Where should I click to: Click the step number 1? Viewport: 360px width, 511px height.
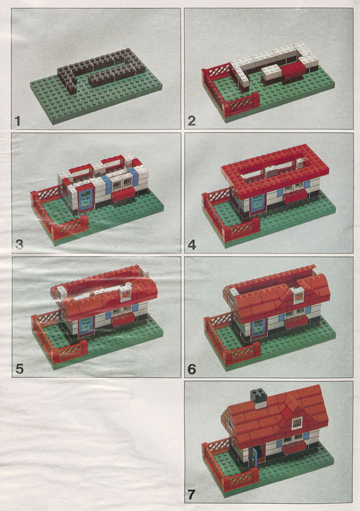18,121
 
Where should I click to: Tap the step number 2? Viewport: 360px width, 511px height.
192,121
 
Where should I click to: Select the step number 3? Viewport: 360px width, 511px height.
19,244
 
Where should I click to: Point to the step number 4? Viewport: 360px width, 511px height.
192,245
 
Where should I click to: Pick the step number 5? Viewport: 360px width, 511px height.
20,369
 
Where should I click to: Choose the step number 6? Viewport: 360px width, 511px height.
192,369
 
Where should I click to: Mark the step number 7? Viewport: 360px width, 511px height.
192,495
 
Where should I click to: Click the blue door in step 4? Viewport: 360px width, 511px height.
258,204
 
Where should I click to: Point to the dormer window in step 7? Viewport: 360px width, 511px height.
297,423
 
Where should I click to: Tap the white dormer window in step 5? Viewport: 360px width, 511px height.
126,293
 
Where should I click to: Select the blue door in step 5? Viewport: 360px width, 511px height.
86,326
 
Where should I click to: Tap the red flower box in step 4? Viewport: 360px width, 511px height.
295,197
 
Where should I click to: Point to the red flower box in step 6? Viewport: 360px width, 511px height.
297,321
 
